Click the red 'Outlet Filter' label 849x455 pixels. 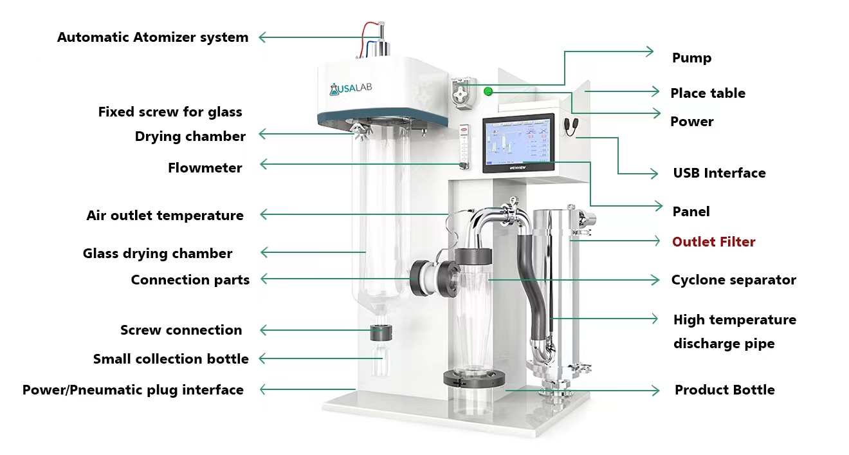point(713,242)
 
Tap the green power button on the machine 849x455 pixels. point(488,91)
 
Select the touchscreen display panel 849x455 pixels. point(518,143)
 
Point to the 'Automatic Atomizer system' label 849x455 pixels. point(152,37)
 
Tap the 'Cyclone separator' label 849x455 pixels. point(733,280)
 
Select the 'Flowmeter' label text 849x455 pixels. point(205,168)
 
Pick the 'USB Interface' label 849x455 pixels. point(719,173)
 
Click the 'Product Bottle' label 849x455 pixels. point(724,390)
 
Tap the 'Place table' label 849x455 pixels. point(707,93)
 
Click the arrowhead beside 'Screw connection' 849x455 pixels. point(262,331)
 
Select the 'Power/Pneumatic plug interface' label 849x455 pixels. point(132,390)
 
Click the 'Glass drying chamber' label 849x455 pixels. point(158,254)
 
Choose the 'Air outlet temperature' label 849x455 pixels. point(165,216)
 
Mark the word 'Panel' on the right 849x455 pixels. point(691,212)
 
